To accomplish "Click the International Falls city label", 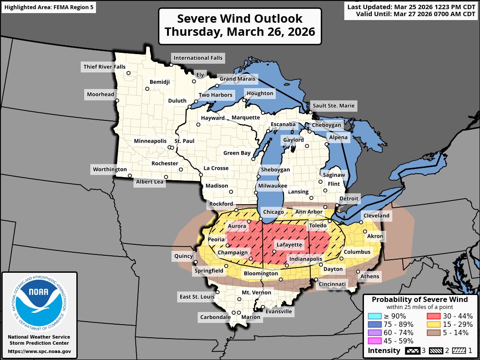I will (x=198, y=58).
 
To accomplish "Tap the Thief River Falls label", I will (x=104, y=67).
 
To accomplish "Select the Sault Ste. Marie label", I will (x=333, y=106).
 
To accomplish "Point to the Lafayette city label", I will (x=289, y=244).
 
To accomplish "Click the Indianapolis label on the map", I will (x=305, y=259).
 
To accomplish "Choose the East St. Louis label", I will (x=197, y=297).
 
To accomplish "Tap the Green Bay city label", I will (x=237, y=153).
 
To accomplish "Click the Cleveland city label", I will (x=376, y=216).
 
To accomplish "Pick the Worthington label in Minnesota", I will (x=110, y=169).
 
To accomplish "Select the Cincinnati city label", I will (x=332, y=284).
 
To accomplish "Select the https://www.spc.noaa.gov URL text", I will (x=39, y=351).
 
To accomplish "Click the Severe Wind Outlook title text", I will (x=240, y=19).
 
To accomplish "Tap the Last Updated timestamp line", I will (x=411, y=7).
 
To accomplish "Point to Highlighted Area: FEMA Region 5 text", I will (x=49, y=8).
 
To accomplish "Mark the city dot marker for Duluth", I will (x=189, y=106).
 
